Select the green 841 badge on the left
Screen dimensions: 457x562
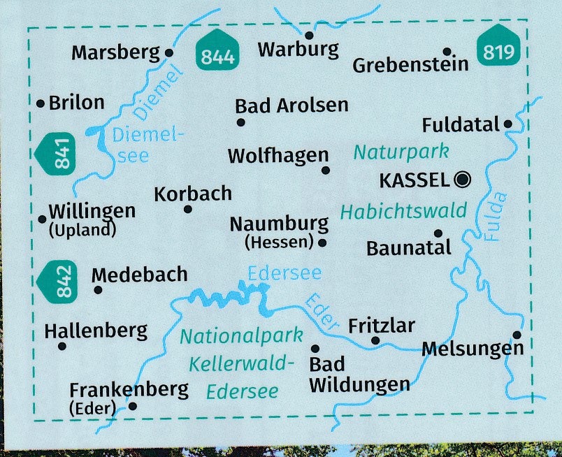[x=61, y=154]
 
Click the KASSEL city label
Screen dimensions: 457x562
[x=414, y=180]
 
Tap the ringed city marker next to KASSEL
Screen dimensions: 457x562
[x=461, y=180]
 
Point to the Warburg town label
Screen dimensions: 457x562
[x=298, y=50]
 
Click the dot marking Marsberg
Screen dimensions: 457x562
[x=168, y=52]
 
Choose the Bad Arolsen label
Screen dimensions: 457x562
[x=291, y=106]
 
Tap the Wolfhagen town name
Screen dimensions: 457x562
[x=278, y=155]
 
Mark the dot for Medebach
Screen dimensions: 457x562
[x=98, y=289]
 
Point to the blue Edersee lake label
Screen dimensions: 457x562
[x=284, y=272]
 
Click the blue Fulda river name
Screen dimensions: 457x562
[x=494, y=217]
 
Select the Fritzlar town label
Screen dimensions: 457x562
[x=381, y=326]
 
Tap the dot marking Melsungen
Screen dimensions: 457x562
[x=517, y=335]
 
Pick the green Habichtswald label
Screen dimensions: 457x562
[x=403, y=212]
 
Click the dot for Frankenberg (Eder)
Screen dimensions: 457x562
[x=134, y=405]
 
